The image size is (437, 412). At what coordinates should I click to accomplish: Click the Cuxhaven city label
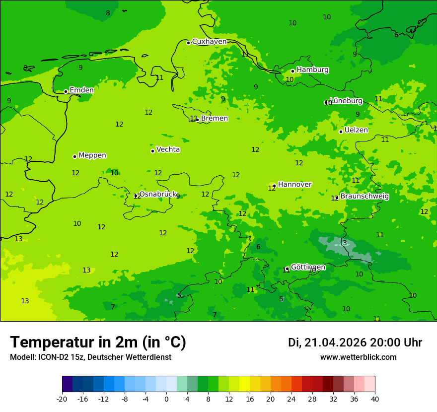pyautogui.click(x=209, y=42)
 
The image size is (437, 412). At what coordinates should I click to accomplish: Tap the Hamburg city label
pyautogui.click(x=312, y=70)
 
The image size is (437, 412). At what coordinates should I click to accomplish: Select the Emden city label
pyautogui.click(x=81, y=90)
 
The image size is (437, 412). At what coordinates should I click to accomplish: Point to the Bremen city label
pyautogui.click(x=214, y=119)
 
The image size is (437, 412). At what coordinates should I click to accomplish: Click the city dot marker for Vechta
pyautogui.click(x=152, y=151)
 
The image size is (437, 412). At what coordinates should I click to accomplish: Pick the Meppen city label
pyautogui.click(x=92, y=155)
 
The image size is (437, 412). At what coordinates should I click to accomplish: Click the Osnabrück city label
pyautogui.click(x=157, y=194)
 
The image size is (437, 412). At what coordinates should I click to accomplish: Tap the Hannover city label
pyautogui.click(x=294, y=185)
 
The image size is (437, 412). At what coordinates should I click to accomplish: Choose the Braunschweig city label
pyautogui.click(x=364, y=197)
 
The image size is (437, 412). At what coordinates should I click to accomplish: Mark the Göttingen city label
pyautogui.click(x=308, y=267)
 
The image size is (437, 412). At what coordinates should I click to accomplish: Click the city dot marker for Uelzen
pyautogui.click(x=341, y=132)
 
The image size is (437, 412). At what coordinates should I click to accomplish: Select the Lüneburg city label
pyautogui.click(x=346, y=101)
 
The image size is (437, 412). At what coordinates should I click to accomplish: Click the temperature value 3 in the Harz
pyautogui.click(x=345, y=243)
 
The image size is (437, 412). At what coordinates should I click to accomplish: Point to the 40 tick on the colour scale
pyautogui.click(x=375, y=399)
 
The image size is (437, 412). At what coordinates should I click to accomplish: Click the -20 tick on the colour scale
pyautogui.click(x=62, y=399)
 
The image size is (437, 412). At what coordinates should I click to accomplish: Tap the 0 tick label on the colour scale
pyautogui.click(x=166, y=399)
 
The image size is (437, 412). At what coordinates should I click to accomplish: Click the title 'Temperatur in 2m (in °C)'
pyautogui.click(x=98, y=343)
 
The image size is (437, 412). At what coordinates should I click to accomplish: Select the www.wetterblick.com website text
pyautogui.click(x=358, y=357)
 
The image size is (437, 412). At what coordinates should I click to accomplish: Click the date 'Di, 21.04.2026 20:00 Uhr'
pyautogui.click(x=355, y=343)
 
